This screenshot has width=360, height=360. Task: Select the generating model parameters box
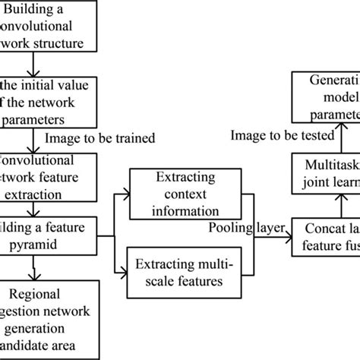[x=327, y=94]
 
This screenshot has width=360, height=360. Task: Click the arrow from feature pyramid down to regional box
[x=33, y=249]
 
